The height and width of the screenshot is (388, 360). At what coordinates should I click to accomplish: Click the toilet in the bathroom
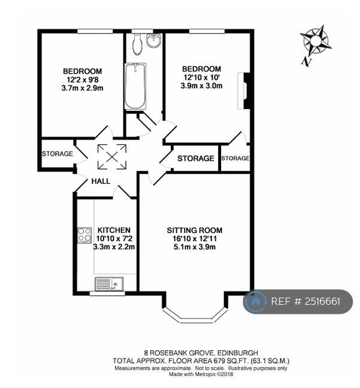click(137, 44)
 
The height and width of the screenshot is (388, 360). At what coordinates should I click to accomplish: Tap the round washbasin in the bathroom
click(154, 40)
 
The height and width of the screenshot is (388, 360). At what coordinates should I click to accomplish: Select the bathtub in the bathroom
click(135, 86)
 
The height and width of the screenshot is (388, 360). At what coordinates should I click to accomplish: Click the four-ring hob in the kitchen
click(84, 235)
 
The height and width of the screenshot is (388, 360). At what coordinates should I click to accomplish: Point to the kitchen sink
click(109, 284)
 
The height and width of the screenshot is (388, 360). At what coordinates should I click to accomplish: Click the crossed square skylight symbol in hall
click(112, 157)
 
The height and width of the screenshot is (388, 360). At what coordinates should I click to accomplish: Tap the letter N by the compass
click(307, 61)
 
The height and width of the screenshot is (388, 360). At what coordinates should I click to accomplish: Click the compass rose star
click(316, 41)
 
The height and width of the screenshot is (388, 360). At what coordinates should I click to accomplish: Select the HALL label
click(101, 181)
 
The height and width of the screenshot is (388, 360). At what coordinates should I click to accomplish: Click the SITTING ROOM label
click(195, 231)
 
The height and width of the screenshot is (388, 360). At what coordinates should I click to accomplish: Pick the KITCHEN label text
click(114, 230)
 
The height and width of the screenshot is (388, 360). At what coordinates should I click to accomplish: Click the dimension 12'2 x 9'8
click(83, 80)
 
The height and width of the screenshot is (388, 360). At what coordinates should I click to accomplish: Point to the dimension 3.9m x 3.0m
click(201, 86)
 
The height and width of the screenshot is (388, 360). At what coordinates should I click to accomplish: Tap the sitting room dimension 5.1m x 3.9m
click(195, 247)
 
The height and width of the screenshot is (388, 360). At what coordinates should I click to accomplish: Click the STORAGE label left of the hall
click(58, 154)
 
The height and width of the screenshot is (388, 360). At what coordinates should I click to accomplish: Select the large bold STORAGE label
click(196, 158)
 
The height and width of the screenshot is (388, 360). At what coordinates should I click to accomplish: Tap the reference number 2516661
click(322, 301)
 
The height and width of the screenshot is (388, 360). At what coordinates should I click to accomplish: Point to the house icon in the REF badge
click(255, 301)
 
